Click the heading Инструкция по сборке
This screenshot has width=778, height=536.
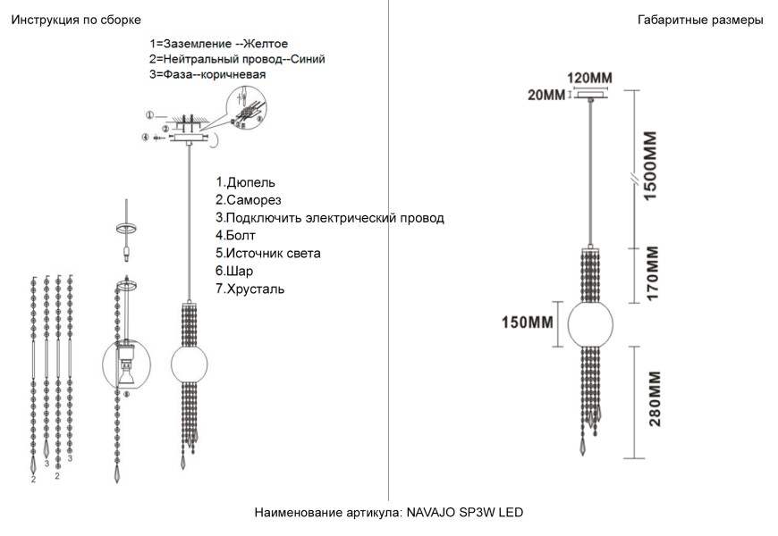tap(75, 20)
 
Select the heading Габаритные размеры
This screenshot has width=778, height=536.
tap(700, 20)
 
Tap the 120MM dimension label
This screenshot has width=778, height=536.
tap(591, 79)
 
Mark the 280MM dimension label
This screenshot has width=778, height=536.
tap(654, 398)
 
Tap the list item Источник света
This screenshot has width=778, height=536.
tap(268, 254)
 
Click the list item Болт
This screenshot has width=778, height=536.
tap(235, 236)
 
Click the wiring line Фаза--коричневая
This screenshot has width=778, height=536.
tap(207, 75)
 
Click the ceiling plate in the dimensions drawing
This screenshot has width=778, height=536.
tap(591, 96)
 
